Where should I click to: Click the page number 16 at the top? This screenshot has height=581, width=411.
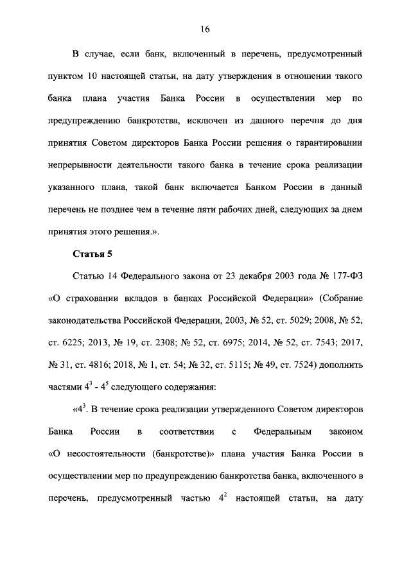coord(205,29)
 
